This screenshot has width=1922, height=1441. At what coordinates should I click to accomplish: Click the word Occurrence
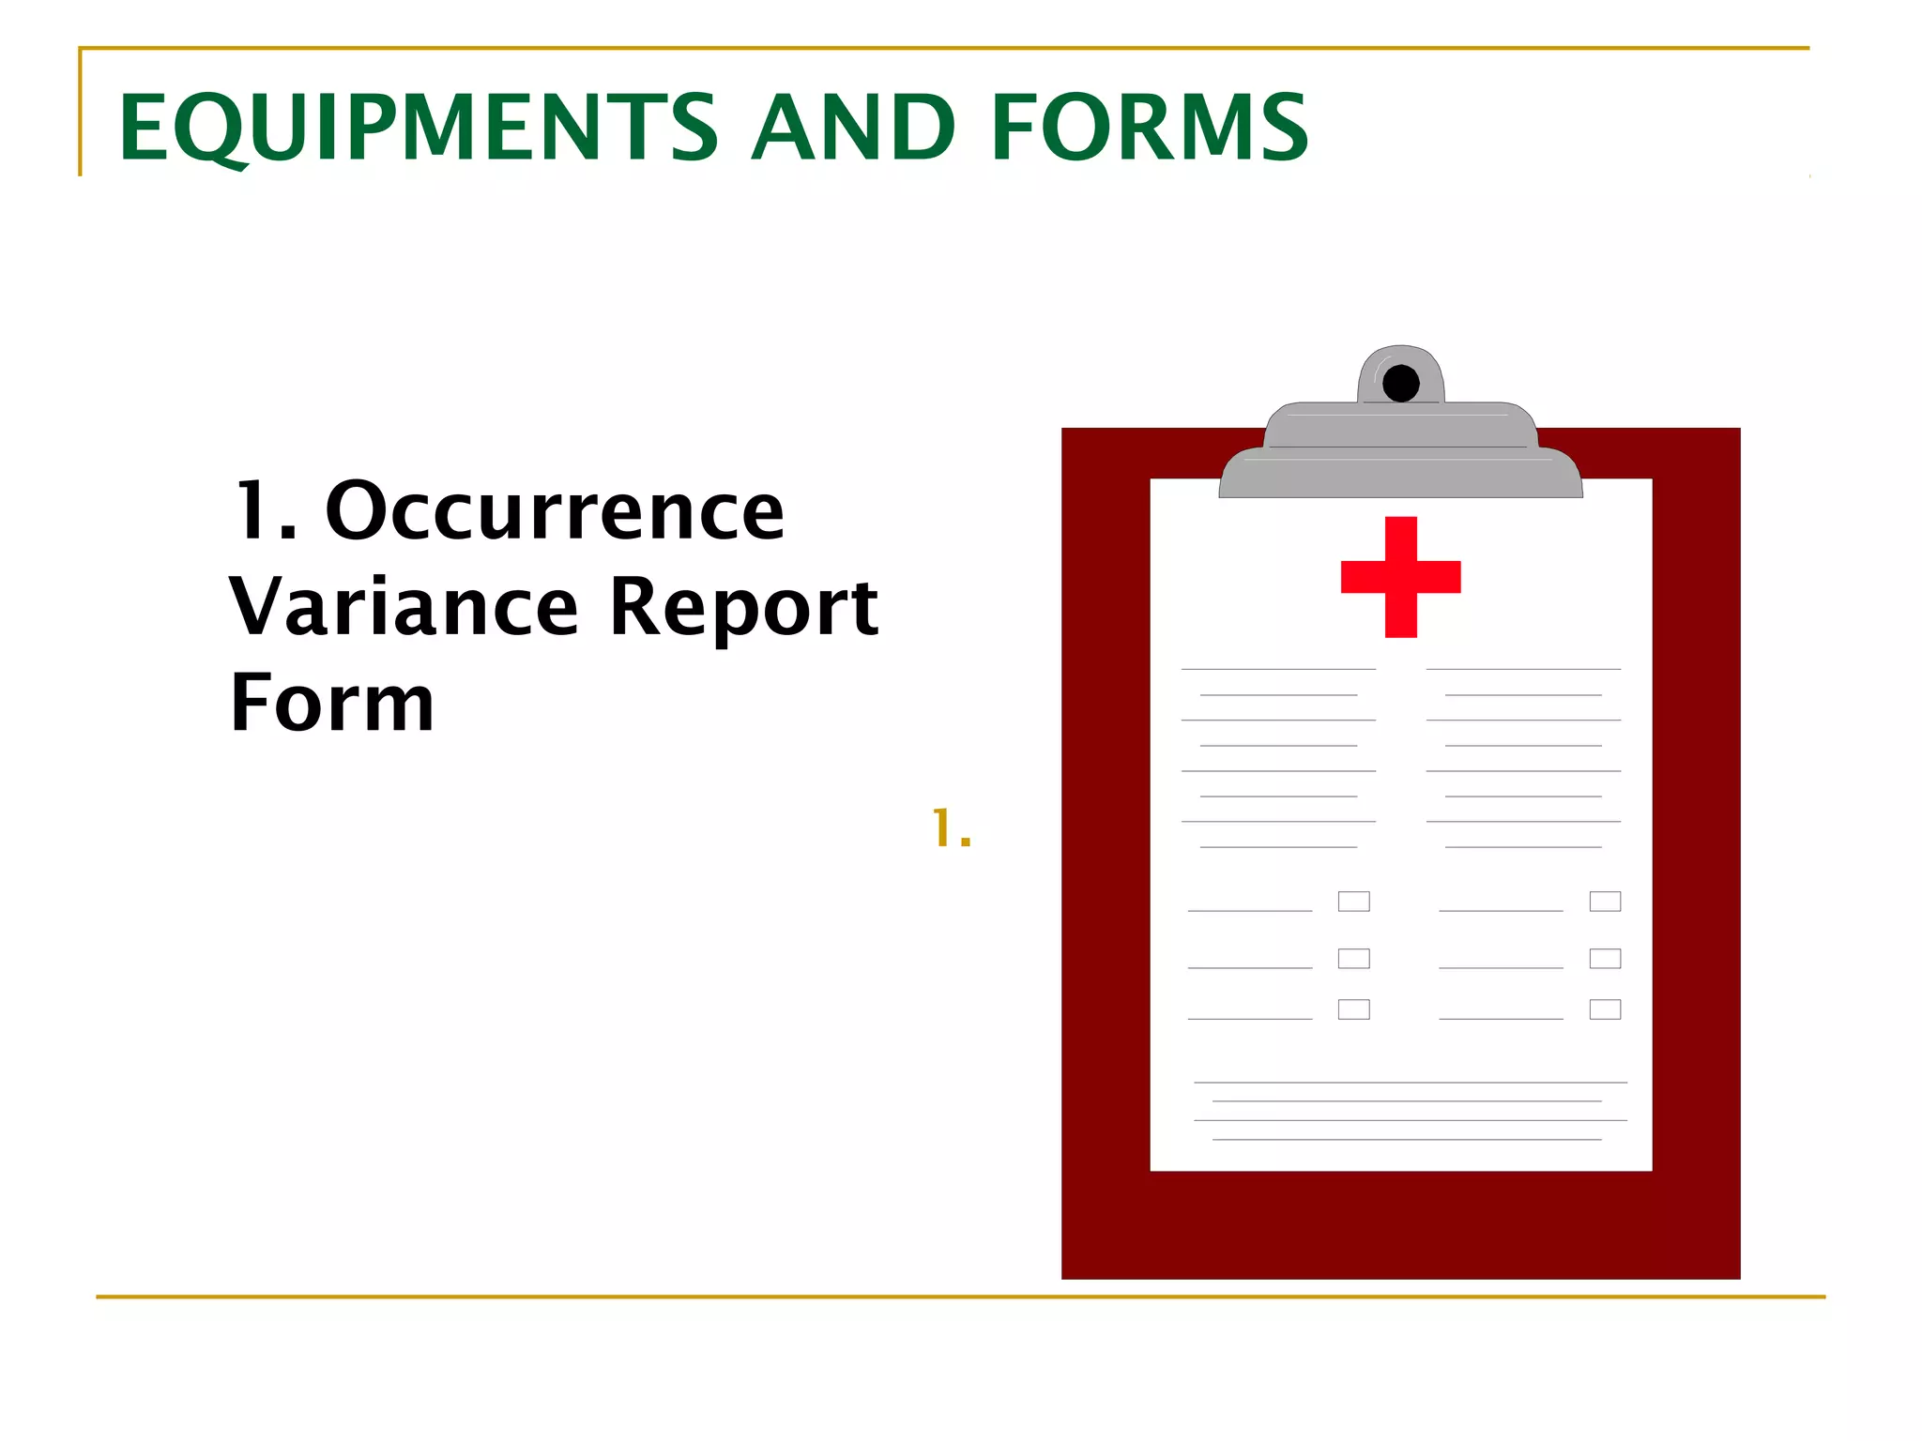(x=555, y=511)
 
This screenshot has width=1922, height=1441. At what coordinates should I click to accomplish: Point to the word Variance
(x=404, y=607)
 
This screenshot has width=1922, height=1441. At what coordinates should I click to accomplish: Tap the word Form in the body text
(x=332, y=703)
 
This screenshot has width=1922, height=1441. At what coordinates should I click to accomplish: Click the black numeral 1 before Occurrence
(x=255, y=511)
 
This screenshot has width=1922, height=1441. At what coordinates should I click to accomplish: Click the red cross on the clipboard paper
(x=1400, y=576)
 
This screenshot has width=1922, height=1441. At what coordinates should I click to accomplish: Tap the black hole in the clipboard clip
(x=1400, y=383)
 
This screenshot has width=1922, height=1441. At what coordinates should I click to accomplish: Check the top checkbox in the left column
(x=1353, y=902)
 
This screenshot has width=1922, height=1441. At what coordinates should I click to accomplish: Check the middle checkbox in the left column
(x=1353, y=958)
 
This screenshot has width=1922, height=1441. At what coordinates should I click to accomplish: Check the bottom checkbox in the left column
(x=1353, y=1009)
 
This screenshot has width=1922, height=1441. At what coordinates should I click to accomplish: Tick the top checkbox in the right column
(x=1605, y=902)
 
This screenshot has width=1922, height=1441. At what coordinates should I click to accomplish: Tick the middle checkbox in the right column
(x=1605, y=958)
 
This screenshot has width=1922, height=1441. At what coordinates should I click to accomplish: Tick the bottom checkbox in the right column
(x=1605, y=1009)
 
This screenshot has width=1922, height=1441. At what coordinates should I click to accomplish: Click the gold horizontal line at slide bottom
(x=961, y=1297)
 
